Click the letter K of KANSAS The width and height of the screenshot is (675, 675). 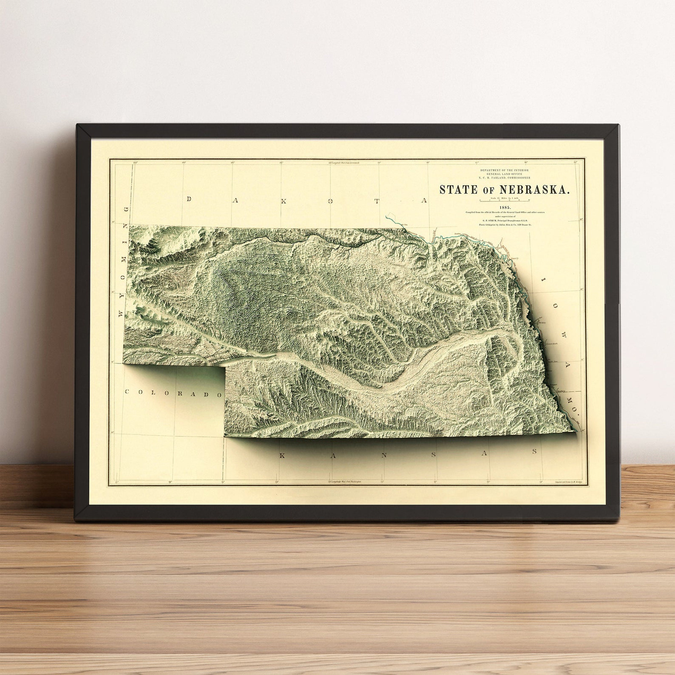pos(282,456)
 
